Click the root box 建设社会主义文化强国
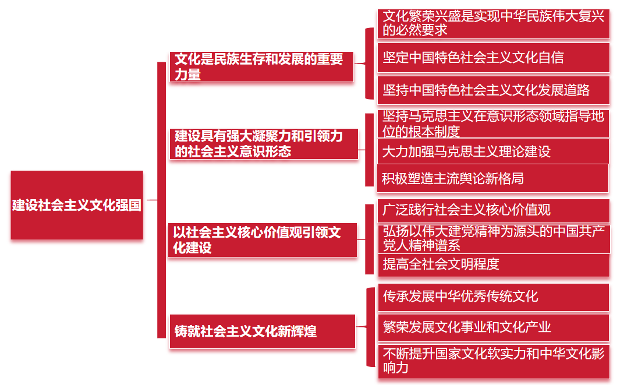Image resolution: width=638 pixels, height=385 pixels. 77,205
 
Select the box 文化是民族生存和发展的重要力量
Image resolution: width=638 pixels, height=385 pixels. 262,66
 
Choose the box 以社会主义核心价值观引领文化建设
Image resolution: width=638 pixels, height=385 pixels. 263,240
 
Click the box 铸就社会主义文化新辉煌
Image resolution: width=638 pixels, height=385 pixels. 262,331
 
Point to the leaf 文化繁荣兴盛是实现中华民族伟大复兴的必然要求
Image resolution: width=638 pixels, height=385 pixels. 494,24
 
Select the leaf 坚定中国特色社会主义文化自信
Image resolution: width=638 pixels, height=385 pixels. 494,58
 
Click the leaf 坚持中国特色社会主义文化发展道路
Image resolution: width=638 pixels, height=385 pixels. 494,90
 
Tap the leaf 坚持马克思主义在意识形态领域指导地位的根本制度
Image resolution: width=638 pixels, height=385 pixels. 494,124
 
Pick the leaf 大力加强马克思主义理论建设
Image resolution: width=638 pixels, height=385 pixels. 494,151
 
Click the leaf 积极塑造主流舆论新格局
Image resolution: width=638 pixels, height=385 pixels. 494,178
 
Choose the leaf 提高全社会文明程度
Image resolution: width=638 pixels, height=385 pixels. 494,265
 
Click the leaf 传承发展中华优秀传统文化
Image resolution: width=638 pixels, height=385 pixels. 494,297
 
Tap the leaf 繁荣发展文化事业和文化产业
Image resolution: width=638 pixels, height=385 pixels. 494,327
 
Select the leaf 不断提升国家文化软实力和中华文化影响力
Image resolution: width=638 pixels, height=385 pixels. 494,361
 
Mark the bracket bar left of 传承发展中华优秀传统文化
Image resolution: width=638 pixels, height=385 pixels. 370,327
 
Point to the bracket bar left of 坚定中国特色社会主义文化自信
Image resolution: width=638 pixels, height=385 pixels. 369,63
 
